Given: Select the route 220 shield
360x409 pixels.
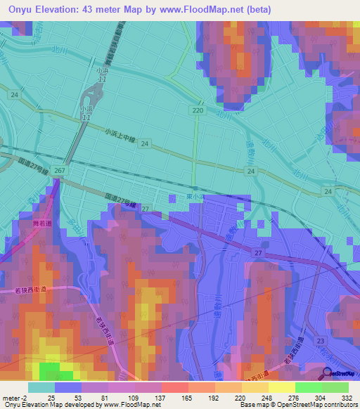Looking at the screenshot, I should point(198,110).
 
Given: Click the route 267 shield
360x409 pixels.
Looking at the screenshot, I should point(59,171).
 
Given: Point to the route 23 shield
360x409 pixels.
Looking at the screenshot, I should point(321,339).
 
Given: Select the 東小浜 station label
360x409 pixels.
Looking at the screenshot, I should point(195,199).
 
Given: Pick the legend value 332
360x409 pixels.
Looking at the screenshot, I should point(347,397).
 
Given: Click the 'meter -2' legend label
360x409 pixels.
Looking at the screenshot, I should point(15,397).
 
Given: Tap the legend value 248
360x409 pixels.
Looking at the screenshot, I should point(266,397).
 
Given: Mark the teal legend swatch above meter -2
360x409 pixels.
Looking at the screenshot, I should point(41,387).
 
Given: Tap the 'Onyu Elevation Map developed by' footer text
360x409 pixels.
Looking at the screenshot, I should point(48,405).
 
